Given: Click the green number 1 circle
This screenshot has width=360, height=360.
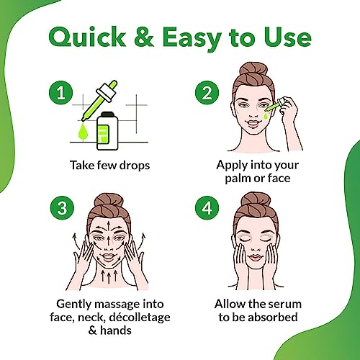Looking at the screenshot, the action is coord(60,93).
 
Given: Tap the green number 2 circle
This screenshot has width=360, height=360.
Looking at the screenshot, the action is coord(207,93).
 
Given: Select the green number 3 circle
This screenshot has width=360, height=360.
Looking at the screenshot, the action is coord(62,208).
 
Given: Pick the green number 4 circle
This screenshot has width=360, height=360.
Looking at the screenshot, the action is coord(207,208).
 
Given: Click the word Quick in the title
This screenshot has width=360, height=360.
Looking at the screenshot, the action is coord(87,37).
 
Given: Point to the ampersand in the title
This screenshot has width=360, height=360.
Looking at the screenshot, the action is coord(144,37).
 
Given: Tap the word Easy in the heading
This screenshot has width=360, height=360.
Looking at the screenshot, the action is coord(192,38).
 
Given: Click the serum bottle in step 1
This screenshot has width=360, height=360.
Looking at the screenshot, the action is coord(107,131).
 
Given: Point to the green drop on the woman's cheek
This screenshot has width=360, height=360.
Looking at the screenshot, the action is coord(266,117).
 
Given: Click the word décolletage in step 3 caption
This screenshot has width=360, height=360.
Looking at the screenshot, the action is coord(140,318).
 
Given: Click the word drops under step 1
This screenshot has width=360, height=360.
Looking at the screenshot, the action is coord(135,166).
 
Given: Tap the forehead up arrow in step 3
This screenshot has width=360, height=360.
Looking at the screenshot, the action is coord(109,225).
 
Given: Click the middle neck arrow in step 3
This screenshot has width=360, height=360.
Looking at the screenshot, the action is coord(109,278).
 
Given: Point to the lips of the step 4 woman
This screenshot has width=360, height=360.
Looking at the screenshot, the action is coord(255,258).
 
